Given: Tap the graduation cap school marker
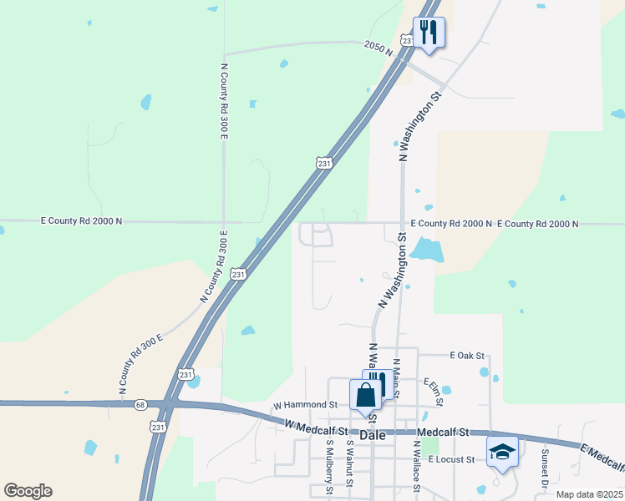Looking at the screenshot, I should pos(502,453).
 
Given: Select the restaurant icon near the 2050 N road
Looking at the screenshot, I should pos(429,33).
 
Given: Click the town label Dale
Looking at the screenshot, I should pos(373,435).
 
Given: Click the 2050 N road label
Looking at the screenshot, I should pos(378,48).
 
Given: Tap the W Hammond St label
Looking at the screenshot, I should pos(305,405).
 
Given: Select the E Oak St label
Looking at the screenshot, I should pos(467,356).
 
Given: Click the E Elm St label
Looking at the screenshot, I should pos(434,392).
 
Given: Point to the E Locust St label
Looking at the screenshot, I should pos(451,459).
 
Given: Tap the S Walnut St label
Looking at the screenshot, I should pos(349,468).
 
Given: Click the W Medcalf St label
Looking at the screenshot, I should pos(315,425).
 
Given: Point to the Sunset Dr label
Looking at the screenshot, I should pos(543,468).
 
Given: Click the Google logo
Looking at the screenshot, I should pos(28,491).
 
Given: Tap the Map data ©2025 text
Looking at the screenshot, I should pos(588,494).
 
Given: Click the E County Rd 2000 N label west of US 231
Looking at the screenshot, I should pos(81,221).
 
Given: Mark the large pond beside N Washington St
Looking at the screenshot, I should pos(426,249).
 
